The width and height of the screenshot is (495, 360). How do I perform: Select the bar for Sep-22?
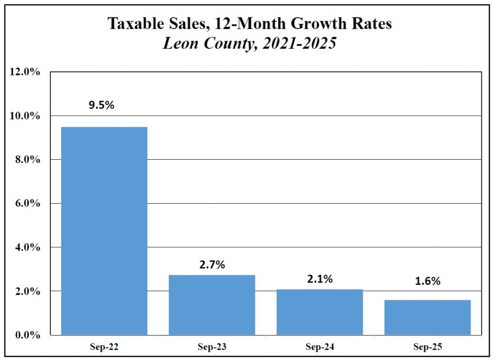tap(104, 231)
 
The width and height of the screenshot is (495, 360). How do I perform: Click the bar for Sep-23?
tap(212, 305)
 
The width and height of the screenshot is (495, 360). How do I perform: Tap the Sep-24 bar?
tap(320, 312)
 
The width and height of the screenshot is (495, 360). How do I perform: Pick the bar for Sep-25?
tap(428, 317)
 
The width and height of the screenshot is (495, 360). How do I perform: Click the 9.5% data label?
tap(101, 105)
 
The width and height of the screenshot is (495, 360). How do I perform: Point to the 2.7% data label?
tap(212, 265)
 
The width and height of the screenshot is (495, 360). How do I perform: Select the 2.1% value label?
tap(320, 279)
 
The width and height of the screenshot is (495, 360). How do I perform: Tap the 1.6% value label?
tap(428, 281)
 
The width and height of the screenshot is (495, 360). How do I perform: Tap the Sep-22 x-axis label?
tap(104, 347)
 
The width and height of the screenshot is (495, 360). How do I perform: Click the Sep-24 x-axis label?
tap(320, 347)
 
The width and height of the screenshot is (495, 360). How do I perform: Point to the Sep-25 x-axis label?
tap(428, 347)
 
